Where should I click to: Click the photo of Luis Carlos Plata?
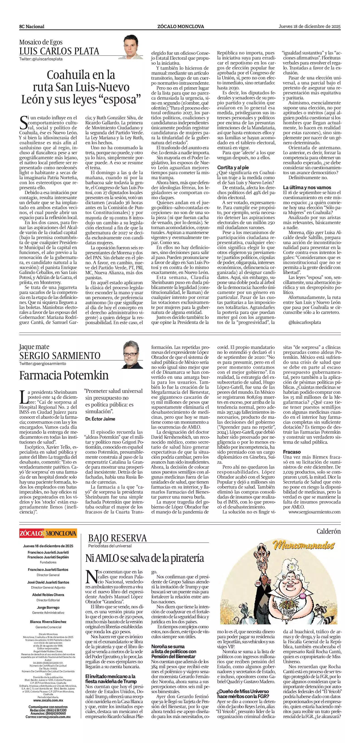click(x=133, y=47)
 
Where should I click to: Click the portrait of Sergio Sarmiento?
click(x=133, y=354)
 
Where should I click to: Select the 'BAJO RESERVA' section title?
click(x=118, y=538)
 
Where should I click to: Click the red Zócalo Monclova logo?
click(x=48, y=533)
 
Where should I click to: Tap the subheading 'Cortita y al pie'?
click(x=233, y=168)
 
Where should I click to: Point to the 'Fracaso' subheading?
click(x=292, y=452)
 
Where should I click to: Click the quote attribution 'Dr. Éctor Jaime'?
click(x=100, y=419)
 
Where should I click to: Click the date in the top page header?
click(x=309, y=26)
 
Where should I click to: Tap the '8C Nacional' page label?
click(x=32, y=27)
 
